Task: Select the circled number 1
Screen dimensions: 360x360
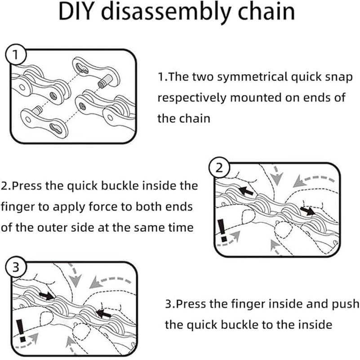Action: (x=16, y=56)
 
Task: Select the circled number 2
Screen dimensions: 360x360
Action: (x=219, y=169)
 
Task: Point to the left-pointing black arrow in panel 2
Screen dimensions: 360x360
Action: (x=245, y=190)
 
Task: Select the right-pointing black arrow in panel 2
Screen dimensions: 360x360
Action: (x=308, y=211)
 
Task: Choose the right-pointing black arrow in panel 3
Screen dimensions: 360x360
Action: (x=45, y=295)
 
